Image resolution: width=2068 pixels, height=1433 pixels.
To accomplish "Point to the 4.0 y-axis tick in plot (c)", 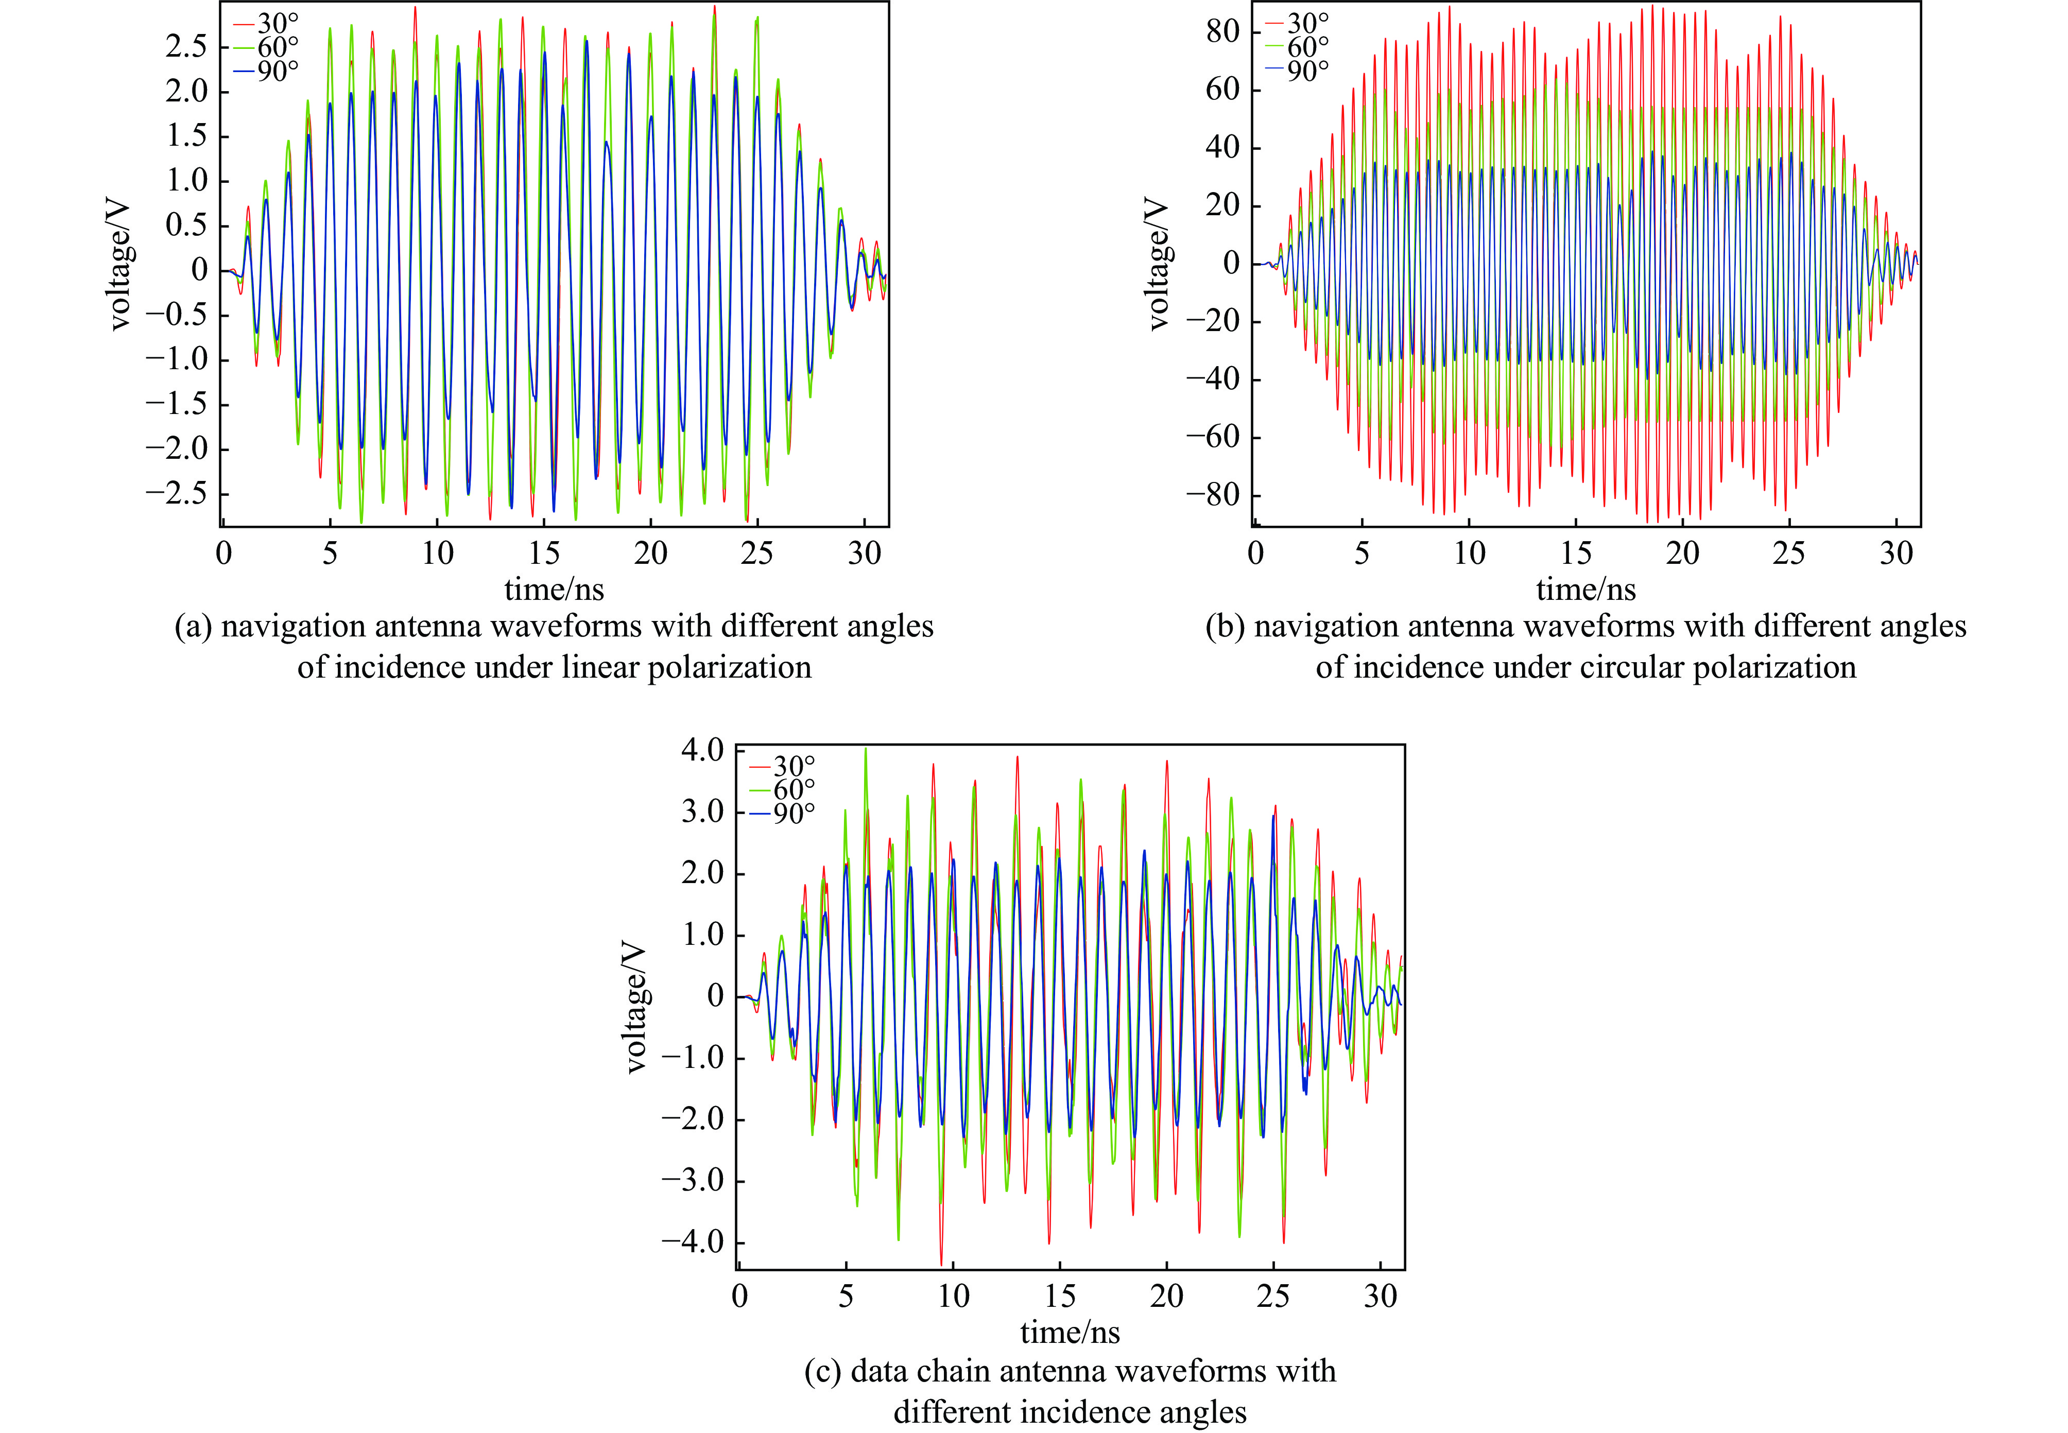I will coord(702,750).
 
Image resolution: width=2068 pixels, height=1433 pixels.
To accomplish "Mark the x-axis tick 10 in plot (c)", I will coord(953,1296).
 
